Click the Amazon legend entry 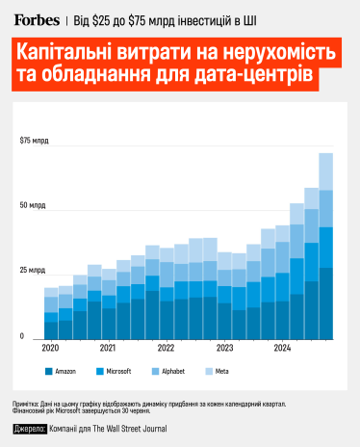point(63,370)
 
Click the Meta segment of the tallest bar point(326,171)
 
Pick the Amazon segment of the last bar point(326,303)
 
